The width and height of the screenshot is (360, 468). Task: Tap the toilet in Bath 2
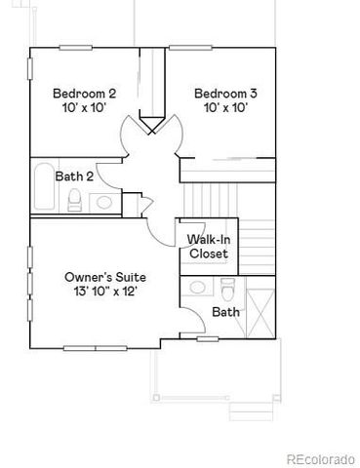click(74, 200)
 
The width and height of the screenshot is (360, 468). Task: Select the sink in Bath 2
click(102, 202)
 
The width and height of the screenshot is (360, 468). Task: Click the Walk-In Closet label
click(208, 246)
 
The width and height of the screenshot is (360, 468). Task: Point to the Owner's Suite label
click(99, 277)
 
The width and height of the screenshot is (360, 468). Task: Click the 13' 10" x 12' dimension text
click(99, 292)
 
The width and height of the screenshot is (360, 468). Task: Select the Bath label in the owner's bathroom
click(225, 313)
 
